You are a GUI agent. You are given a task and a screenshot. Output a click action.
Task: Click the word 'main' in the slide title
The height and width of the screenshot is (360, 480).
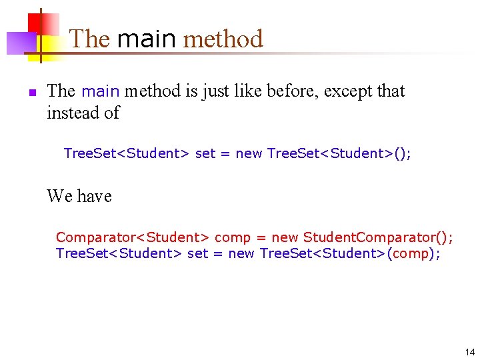click(x=146, y=39)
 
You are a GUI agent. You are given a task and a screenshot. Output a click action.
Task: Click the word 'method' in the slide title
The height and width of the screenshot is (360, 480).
click(x=223, y=39)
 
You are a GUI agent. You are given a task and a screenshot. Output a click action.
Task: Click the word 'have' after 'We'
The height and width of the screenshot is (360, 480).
click(x=95, y=196)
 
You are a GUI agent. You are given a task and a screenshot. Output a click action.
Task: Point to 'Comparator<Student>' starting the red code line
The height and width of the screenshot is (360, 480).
click(x=133, y=237)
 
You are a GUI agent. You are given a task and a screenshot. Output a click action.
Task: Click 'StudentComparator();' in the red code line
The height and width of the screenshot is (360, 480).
click(x=378, y=237)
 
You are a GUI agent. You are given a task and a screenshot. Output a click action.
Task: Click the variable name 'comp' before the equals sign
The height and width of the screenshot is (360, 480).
click(x=232, y=237)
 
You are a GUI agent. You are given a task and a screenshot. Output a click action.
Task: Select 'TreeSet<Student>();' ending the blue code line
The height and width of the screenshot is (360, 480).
click(x=339, y=153)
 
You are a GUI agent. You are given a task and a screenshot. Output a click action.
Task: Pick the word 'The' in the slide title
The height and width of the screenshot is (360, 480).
click(x=89, y=39)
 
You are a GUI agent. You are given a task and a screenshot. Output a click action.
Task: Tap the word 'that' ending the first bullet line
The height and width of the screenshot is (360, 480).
click(x=391, y=91)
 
